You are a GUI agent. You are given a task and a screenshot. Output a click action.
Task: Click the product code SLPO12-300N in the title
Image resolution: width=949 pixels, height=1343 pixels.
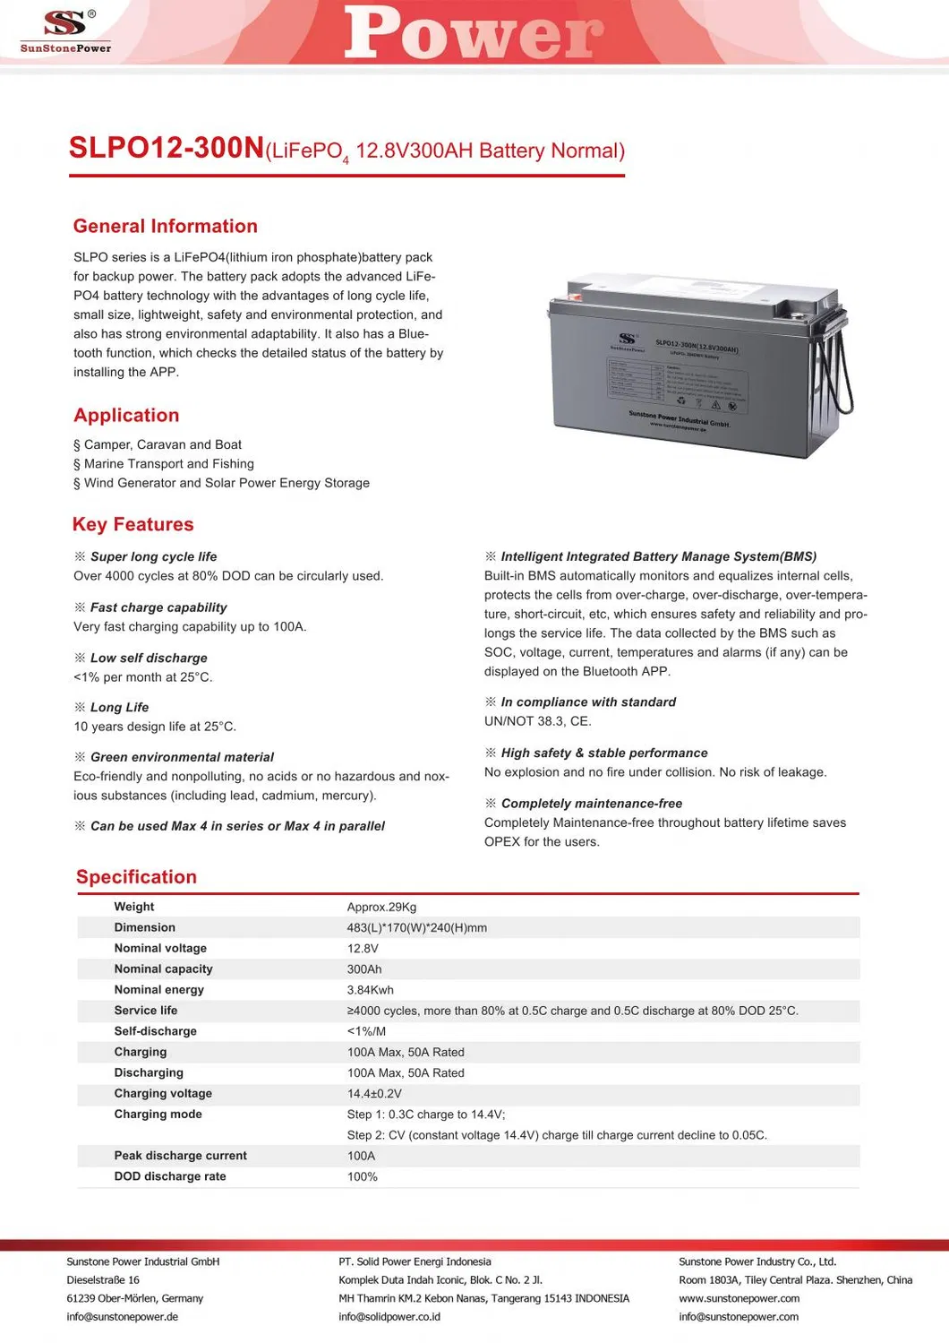click(x=167, y=149)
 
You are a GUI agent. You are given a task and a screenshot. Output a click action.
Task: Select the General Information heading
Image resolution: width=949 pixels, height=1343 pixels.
click(x=165, y=227)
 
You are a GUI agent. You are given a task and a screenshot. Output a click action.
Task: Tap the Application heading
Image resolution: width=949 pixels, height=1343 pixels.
click(x=126, y=416)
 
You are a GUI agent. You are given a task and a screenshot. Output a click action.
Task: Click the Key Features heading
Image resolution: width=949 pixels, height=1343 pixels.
click(x=133, y=525)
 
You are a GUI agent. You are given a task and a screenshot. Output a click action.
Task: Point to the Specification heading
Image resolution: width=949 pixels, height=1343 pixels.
click(x=136, y=877)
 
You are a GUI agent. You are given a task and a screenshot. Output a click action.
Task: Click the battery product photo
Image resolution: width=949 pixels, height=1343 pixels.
click(x=689, y=367)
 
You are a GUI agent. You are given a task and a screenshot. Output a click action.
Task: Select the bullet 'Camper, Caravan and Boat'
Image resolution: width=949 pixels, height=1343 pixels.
click(x=162, y=444)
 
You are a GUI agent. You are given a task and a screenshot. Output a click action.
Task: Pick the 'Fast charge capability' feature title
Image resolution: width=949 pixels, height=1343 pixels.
click(x=158, y=607)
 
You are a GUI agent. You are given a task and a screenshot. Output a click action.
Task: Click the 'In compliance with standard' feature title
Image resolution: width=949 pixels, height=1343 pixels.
click(x=588, y=702)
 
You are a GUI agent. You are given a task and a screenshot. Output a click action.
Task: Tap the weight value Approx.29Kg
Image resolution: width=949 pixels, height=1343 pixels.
click(x=381, y=907)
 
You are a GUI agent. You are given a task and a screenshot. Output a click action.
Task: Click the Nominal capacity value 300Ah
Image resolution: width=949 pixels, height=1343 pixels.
click(x=364, y=969)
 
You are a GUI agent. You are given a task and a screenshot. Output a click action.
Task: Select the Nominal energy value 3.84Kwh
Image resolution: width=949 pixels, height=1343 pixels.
click(x=370, y=990)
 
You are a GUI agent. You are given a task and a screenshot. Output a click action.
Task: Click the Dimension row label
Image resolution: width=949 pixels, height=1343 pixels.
click(x=144, y=927)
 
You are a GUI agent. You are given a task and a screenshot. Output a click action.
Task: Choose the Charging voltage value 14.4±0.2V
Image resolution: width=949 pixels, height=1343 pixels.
click(x=374, y=1094)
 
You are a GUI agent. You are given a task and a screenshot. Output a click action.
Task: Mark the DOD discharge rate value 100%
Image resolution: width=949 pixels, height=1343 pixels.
click(x=363, y=1176)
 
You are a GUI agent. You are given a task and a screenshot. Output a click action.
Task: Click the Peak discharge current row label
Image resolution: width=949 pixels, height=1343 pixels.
click(x=180, y=1156)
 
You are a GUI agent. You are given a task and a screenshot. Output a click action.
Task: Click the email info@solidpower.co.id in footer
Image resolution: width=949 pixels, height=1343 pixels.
click(x=389, y=1316)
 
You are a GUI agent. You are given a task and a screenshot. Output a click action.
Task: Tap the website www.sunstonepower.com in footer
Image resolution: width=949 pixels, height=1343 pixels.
click(x=739, y=1298)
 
